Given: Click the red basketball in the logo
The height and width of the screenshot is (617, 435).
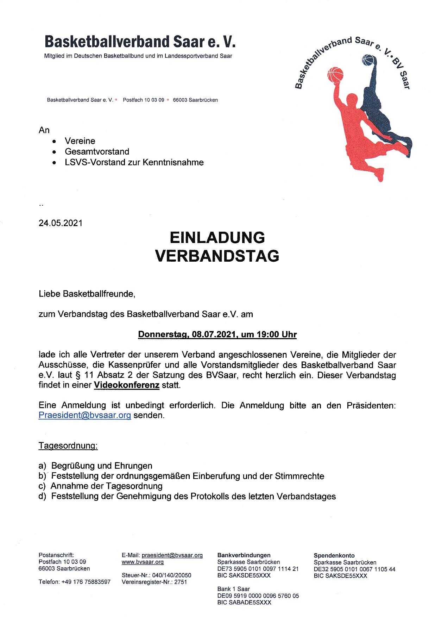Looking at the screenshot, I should point(335,75).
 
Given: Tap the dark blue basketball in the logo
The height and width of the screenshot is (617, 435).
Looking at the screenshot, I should point(368,60).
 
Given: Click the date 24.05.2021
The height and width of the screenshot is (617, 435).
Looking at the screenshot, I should point(61,223).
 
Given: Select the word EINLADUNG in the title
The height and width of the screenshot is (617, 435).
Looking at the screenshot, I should point(217,238).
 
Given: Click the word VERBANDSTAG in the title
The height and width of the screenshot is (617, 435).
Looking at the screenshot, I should point(217,256).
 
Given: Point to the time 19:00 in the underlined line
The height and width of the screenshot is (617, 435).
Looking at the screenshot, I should point(268,335).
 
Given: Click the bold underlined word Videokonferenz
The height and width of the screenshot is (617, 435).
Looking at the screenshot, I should point(127,385).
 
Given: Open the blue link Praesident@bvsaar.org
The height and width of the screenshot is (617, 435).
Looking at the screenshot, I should point(85,415).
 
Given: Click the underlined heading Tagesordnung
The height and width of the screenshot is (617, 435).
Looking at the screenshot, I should point(68,446).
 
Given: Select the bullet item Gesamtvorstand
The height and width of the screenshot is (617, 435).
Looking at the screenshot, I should point(97,152).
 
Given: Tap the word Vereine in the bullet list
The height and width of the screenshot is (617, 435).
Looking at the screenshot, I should point(80,141).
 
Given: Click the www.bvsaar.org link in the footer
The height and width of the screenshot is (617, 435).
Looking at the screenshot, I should point(143,562).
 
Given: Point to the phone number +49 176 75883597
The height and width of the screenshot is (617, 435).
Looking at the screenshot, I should point(86,582).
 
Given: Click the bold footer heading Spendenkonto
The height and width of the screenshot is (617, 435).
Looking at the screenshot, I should point(334,556).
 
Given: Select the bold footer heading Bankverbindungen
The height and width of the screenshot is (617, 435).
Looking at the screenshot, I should point(244,555).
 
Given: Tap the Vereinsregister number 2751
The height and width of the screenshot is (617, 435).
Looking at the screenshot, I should point(181,582).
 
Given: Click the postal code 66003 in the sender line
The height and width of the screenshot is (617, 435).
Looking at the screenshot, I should point(180,100).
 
